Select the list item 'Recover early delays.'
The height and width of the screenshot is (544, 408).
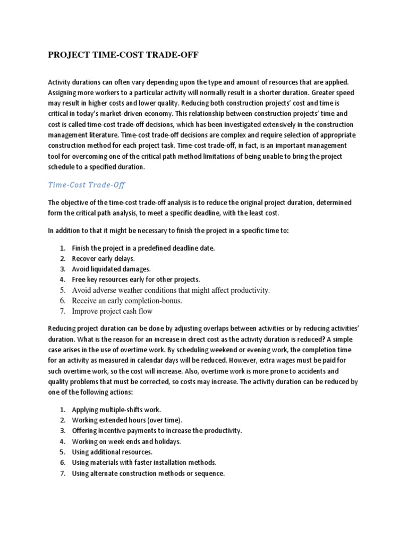click(x=104, y=259)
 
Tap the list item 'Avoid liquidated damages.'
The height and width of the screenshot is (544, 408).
click(x=111, y=269)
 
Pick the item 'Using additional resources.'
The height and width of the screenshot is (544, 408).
click(x=112, y=452)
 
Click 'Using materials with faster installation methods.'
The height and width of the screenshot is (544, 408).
click(x=144, y=462)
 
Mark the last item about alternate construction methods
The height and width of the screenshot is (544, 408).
click(x=148, y=473)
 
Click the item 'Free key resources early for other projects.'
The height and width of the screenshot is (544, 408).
click(x=135, y=279)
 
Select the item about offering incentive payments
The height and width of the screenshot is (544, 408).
click(x=156, y=430)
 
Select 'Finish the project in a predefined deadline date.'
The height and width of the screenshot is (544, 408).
click(x=143, y=248)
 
